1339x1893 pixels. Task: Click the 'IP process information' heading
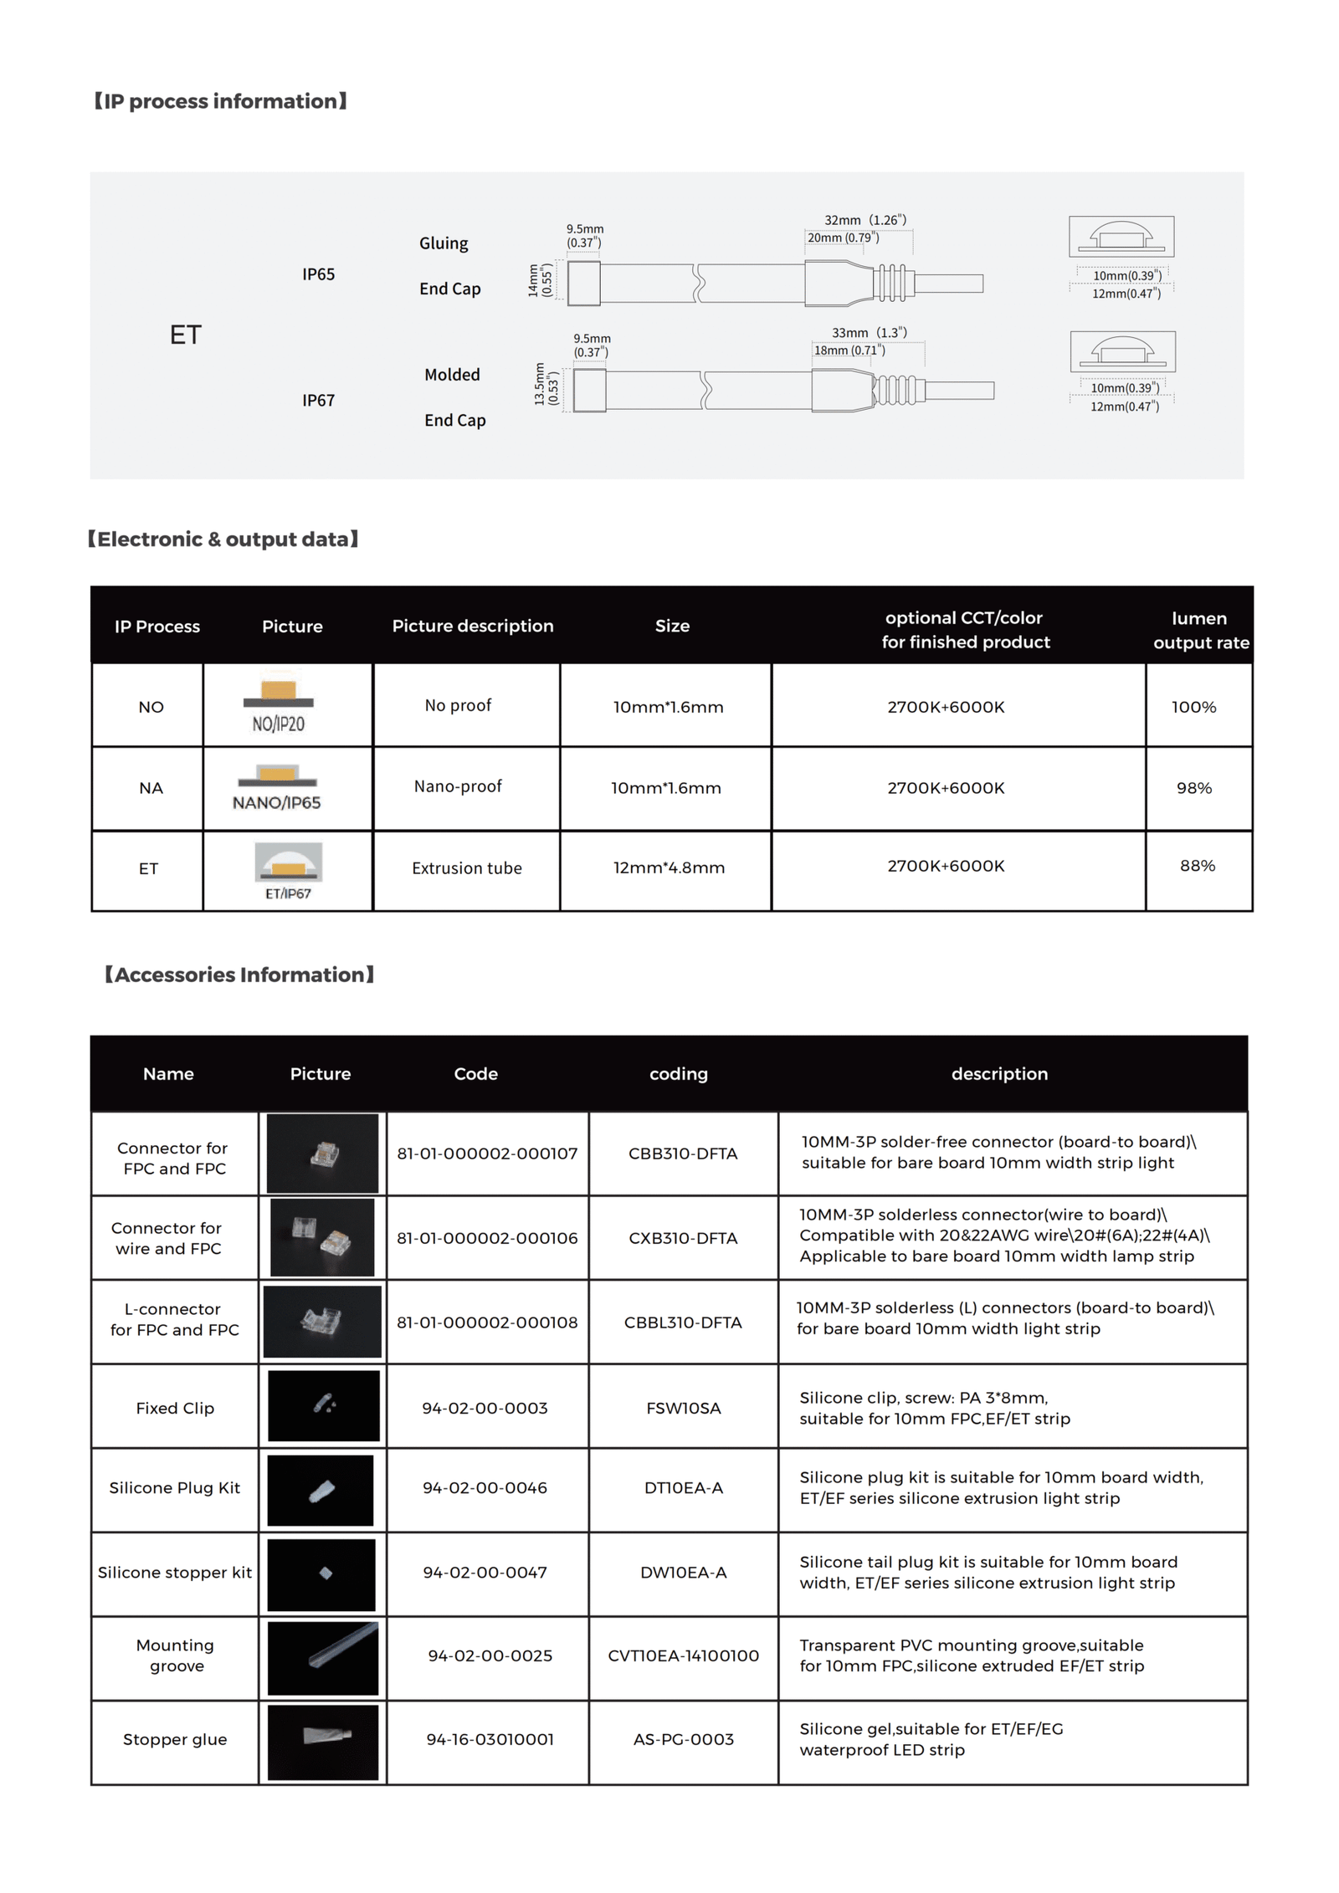(220, 101)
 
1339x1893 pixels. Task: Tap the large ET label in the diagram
(185, 335)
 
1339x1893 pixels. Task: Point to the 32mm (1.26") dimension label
(864, 220)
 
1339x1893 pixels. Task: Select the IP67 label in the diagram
(318, 400)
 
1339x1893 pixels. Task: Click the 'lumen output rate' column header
(1199, 630)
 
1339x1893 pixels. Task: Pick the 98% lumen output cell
(1193, 788)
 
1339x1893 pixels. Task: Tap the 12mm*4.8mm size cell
(668, 867)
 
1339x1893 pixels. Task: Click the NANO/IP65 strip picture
(277, 787)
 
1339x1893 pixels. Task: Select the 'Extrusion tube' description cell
(466, 868)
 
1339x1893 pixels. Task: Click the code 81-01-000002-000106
(486, 1238)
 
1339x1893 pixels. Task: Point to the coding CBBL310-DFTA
(682, 1323)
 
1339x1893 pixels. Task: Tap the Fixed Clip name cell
(175, 1408)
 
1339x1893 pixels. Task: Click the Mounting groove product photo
(322, 1657)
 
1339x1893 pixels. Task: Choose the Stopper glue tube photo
(322, 1741)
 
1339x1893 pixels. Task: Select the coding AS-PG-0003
(683, 1739)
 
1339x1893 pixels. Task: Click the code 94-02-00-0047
(485, 1573)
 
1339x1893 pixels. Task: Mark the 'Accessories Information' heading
(239, 975)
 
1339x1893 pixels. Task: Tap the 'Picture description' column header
(472, 626)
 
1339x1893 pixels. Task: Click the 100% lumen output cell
(1193, 707)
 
